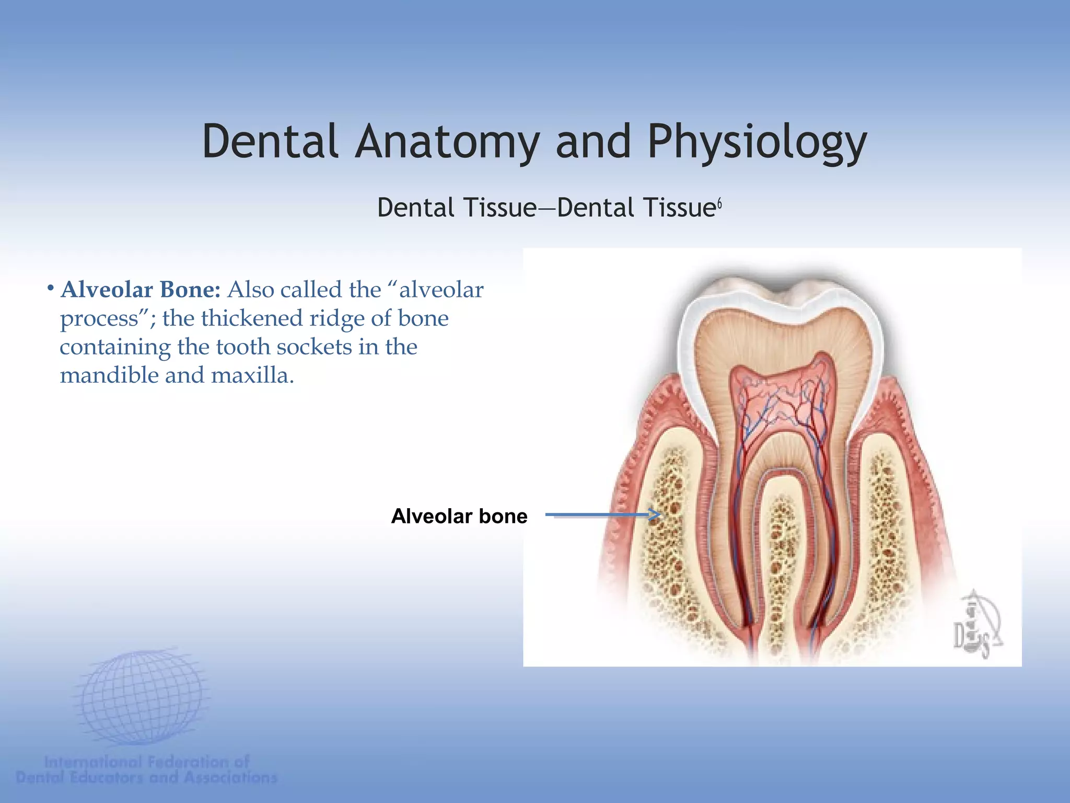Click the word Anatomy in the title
(x=447, y=142)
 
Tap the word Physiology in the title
(x=757, y=142)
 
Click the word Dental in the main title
(x=270, y=141)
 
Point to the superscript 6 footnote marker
(x=719, y=204)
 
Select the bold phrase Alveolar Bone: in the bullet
(x=141, y=290)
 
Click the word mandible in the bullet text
(x=109, y=375)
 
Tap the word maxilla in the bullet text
(x=252, y=375)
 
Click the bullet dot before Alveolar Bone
(x=51, y=288)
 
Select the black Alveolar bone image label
(x=459, y=517)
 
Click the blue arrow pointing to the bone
(x=603, y=515)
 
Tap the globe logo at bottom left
(x=141, y=698)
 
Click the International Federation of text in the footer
(x=147, y=762)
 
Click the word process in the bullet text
(x=99, y=319)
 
